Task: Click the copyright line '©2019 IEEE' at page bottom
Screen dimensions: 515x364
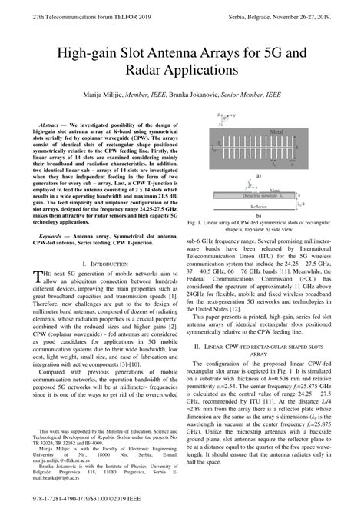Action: tap(128, 499)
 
